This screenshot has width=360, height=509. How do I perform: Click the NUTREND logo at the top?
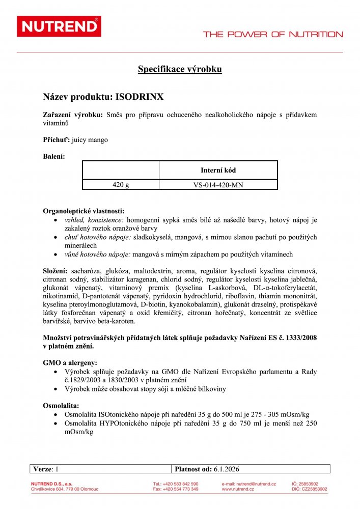[59, 26]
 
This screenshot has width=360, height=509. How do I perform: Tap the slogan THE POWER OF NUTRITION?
[273, 35]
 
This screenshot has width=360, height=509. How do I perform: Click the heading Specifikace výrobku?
[180, 69]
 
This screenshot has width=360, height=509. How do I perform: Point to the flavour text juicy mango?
[90, 139]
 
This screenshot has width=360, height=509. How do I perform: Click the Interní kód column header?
[218, 171]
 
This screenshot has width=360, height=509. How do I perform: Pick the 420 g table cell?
[121, 185]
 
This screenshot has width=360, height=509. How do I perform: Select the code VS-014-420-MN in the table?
[218, 185]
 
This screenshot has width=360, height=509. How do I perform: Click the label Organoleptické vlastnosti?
[84, 211]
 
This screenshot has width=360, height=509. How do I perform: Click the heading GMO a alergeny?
[70, 363]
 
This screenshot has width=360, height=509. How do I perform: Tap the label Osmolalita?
[61, 406]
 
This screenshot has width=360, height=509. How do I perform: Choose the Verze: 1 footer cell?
[47, 469]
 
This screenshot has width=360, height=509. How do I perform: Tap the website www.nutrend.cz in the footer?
[238, 489]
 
